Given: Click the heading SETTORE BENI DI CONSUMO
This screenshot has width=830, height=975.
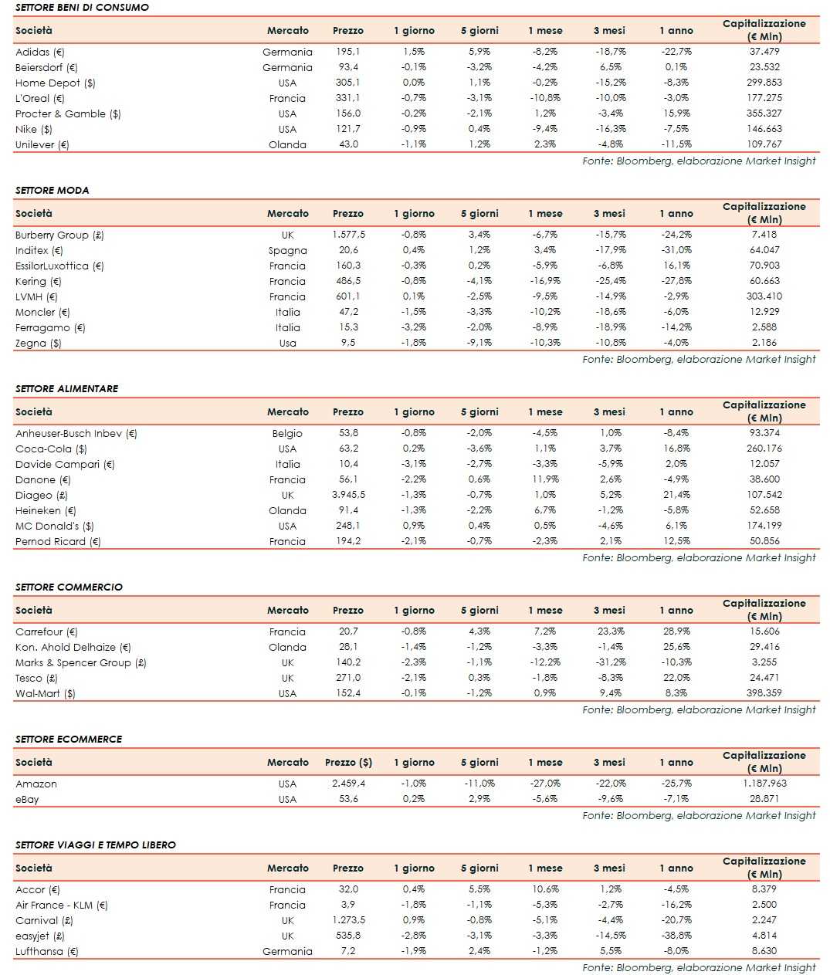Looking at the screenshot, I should tap(82, 7).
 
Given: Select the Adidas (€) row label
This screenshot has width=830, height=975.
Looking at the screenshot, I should tap(40, 52).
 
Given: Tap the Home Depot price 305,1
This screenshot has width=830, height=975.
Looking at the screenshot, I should tap(347, 83).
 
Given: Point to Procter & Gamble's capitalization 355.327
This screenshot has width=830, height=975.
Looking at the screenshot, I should tap(764, 113).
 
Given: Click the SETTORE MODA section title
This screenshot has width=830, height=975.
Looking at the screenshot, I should tap(52, 190).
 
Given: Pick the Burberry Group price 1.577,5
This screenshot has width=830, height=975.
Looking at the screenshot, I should tap(348, 235).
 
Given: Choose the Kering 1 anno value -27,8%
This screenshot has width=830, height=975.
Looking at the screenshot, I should tap(676, 281).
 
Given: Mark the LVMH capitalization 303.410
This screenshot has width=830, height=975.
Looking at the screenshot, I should tap(764, 296).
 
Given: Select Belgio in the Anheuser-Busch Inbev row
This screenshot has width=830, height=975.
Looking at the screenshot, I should tap(287, 433).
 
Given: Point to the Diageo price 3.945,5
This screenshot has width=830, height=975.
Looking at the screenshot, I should tap(348, 495).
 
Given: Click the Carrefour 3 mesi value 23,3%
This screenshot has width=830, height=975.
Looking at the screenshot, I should tap(611, 631).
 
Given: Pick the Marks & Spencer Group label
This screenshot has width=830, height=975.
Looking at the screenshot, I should tap(80, 662).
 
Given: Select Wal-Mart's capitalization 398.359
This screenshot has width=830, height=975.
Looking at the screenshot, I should tap(764, 693).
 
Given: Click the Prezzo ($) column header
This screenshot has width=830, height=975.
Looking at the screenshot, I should tap(348, 762).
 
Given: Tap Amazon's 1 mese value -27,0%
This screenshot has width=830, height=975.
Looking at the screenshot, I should tap(545, 784).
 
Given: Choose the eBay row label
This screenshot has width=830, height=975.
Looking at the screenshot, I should tap(27, 799).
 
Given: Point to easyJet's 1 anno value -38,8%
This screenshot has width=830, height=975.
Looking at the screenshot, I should tap(676, 936).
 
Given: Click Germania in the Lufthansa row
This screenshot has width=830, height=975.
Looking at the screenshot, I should tap(287, 951).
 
